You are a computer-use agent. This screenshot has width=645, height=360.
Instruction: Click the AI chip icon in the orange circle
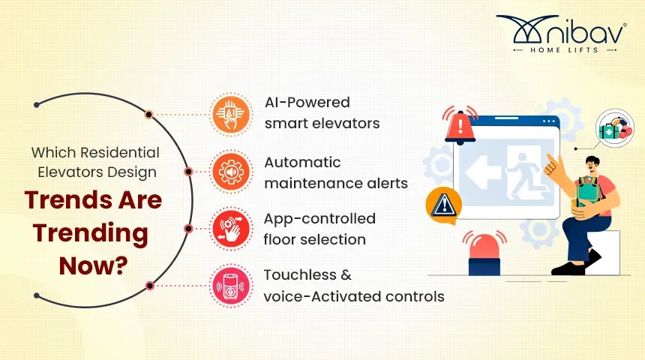pos(231,115)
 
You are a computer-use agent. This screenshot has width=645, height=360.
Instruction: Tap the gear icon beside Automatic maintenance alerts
pos(231,172)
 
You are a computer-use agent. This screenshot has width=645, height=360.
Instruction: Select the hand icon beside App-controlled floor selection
pos(231,229)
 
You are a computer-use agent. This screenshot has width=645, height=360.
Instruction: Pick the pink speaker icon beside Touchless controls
pos(231,286)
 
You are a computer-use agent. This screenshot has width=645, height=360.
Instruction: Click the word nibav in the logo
pos(585,32)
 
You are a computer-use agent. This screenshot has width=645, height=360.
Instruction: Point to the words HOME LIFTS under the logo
pos(564,50)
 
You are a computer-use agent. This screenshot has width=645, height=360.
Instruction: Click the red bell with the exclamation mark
pos(460,125)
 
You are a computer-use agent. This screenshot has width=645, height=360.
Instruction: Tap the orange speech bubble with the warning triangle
pos(443,205)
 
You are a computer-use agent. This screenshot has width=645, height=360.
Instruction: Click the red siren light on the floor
pos(484,253)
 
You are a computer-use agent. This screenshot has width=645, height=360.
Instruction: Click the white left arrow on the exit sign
pos(484,172)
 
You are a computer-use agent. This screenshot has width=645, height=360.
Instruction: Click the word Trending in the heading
pos(91,234)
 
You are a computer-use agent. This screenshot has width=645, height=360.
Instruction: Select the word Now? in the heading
pos(94,265)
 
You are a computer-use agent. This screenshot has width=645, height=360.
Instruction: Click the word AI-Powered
pos(307,102)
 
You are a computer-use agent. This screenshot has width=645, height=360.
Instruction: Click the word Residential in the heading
pos(120,153)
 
